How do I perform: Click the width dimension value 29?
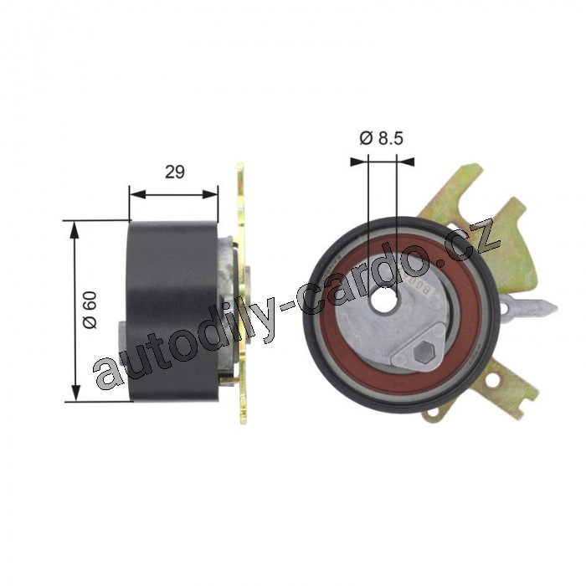[x=175, y=172]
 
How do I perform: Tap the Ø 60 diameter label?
[x=90, y=310]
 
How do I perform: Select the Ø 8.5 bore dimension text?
[x=381, y=138]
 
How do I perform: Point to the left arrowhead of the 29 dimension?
[x=137, y=194]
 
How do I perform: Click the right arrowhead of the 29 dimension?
[x=209, y=194]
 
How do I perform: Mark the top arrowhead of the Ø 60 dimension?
[x=75, y=229]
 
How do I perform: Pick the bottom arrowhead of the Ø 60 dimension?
[x=76, y=393]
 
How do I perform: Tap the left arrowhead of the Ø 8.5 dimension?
[x=359, y=162]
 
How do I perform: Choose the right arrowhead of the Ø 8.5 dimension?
[x=405, y=162]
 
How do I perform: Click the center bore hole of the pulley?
[x=383, y=298]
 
